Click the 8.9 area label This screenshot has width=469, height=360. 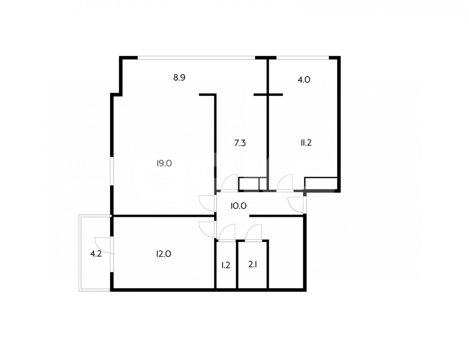click(179, 78)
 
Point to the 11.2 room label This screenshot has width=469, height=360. click(306, 143)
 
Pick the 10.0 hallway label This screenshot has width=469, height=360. click(238, 206)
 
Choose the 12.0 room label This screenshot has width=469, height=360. click(164, 254)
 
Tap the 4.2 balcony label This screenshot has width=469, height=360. click(96, 254)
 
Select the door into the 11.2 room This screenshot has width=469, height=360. click(285, 183)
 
